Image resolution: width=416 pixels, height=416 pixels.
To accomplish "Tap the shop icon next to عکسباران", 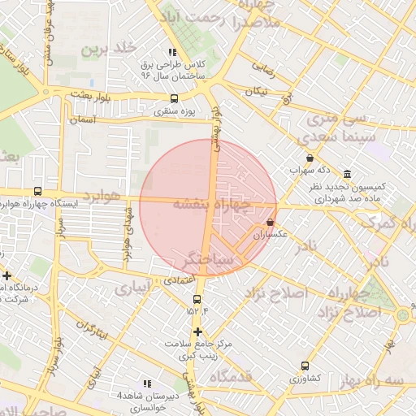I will pos(270,222).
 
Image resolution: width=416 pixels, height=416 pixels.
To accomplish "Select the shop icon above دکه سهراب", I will pos(310,158).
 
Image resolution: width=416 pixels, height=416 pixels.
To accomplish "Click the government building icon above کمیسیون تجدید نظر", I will pos(348,175).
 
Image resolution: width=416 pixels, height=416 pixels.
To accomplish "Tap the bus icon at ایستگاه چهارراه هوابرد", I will pos(37,191).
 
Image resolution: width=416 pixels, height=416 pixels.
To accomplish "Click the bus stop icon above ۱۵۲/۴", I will pos(197,297).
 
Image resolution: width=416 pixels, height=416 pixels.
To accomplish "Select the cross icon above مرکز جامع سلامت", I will pos(197,331).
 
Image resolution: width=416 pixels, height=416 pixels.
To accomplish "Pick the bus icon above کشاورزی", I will pos(305,366).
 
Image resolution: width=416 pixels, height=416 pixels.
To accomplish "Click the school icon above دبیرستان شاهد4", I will pos(147,383).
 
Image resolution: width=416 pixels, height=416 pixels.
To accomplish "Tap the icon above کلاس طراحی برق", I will pos(172,52).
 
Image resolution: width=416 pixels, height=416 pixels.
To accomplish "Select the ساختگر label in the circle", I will pos(208,258).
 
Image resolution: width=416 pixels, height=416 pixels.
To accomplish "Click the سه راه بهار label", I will pos(382,380).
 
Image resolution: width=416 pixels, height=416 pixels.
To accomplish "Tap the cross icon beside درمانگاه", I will pos(6,275).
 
